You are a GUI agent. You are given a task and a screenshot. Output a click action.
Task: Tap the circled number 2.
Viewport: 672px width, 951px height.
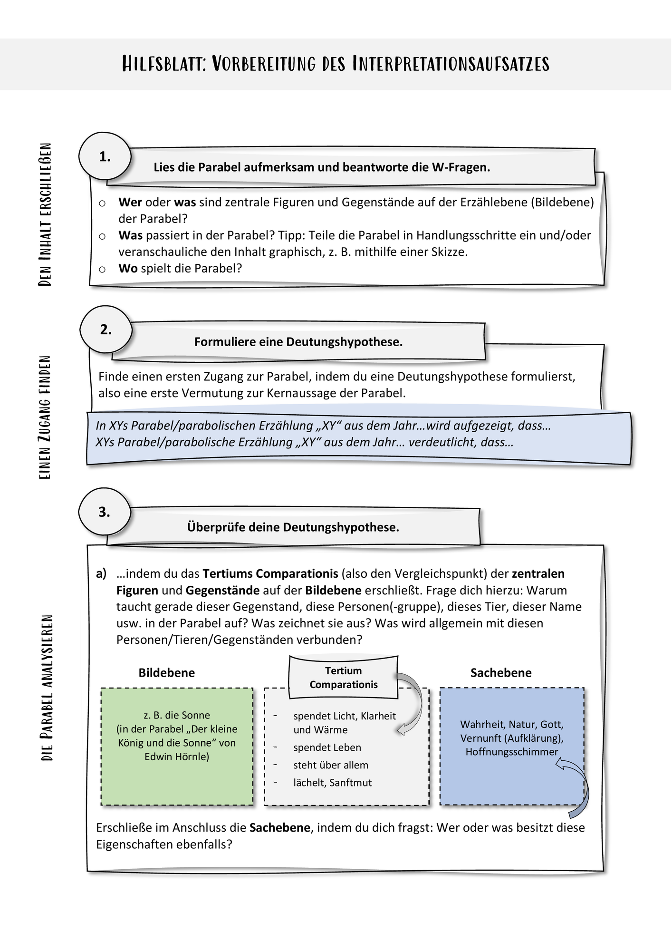pyautogui.click(x=106, y=330)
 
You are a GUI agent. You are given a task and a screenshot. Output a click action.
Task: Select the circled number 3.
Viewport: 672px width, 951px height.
pyautogui.click(x=105, y=512)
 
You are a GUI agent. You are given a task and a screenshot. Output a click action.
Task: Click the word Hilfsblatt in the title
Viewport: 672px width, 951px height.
pyautogui.click(x=163, y=64)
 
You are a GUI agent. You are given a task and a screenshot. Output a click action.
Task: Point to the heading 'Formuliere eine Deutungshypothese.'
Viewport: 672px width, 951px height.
pyautogui.click(x=298, y=342)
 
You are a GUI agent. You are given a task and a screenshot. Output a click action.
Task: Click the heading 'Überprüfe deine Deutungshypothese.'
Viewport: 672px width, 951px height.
pyautogui.click(x=293, y=527)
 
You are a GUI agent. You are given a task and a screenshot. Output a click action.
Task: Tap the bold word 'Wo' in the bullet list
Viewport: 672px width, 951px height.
pyautogui.click(x=128, y=268)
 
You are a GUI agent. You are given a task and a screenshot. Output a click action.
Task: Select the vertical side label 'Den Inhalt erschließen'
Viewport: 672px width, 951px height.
pyautogui.click(x=45, y=214)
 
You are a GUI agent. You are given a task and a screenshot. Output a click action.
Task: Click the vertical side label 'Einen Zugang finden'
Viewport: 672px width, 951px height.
pyautogui.click(x=45, y=417)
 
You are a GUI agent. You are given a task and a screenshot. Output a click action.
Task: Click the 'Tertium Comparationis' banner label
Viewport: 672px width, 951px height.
pyautogui.click(x=344, y=678)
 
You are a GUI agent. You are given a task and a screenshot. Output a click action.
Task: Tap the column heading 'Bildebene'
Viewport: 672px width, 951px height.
pyautogui.click(x=167, y=673)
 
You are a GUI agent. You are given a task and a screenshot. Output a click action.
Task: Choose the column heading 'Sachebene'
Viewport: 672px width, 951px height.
pyautogui.click(x=501, y=673)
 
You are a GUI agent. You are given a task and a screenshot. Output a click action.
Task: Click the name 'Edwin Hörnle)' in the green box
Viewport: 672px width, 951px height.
pyautogui.click(x=177, y=757)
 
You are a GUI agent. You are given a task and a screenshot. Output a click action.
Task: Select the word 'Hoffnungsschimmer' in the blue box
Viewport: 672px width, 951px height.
pyautogui.click(x=512, y=752)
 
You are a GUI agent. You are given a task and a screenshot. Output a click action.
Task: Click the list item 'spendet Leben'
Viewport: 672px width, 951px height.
pyautogui.click(x=327, y=747)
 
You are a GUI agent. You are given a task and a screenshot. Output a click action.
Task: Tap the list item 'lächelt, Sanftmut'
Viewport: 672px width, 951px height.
pyautogui.click(x=333, y=783)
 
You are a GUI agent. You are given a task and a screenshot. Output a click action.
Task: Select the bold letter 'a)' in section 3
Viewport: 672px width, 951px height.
pyautogui.click(x=101, y=574)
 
